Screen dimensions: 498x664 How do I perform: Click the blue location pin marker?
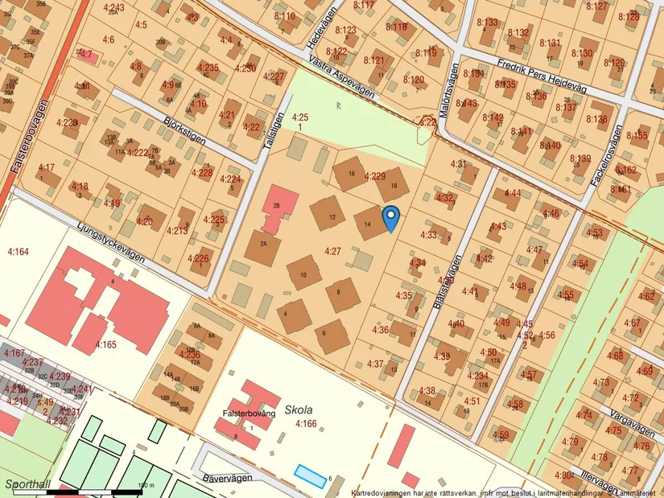pos(390,216)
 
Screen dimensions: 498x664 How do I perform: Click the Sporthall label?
pos(27,484)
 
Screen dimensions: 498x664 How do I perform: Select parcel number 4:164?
pos(18,253)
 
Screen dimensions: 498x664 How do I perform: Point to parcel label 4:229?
pos(375,175)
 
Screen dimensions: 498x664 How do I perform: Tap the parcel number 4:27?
pos(332,252)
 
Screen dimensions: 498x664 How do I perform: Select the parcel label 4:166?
pos(305,423)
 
